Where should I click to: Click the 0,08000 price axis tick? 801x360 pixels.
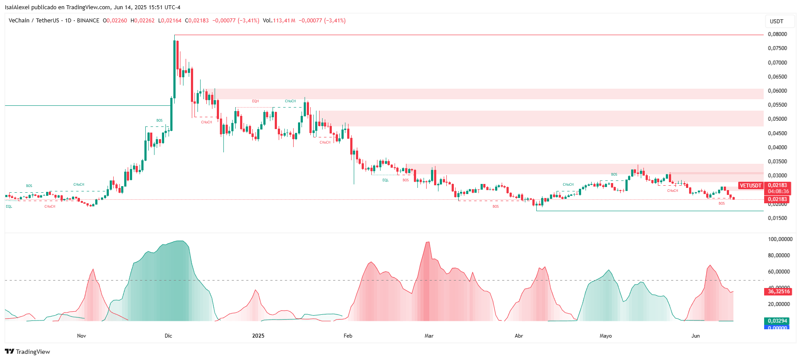click(x=777, y=34)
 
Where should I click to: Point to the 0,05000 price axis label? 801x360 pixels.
click(x=777, y=119)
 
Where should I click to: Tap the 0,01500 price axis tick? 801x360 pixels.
click(x=777, y=218)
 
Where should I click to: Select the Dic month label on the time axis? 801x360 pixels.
click(x=169, y=336)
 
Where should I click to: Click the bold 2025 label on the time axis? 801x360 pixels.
click(x=258, y=336)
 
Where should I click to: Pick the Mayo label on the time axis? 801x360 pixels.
click(x=606, y=336)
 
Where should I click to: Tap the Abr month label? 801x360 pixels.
click(x=519, y=336)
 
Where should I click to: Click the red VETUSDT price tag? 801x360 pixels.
click(x=751, y=186)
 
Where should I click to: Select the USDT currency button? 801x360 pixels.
click(x=776, y=21)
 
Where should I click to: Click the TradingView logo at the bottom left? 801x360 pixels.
click(x=27, y=352)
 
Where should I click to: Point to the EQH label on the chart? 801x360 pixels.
click(x=255, y=101)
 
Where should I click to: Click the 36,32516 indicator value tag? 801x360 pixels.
click(x=779, y=292)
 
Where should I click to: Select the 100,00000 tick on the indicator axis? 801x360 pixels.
click(x=780, y=239)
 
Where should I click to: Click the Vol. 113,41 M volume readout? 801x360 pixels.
click(x=279, y=21)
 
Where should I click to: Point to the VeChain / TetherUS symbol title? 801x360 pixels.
click(x=34, y=21)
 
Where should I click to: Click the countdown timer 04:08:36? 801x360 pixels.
click(x=778, y=191)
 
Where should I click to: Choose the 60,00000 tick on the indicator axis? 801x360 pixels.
click(x=779, y=272)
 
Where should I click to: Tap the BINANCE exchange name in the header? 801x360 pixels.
click(x=88, y=21)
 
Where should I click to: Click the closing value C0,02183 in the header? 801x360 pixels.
click(x=197, y=21)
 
